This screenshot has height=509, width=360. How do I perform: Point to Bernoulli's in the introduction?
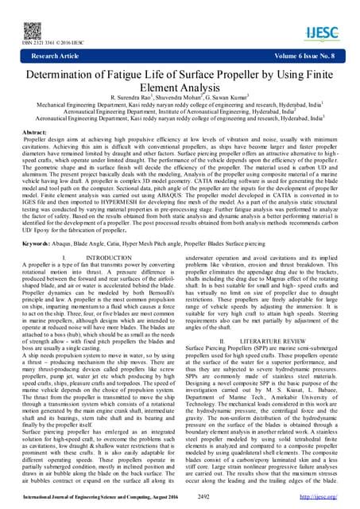pos(156,328)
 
